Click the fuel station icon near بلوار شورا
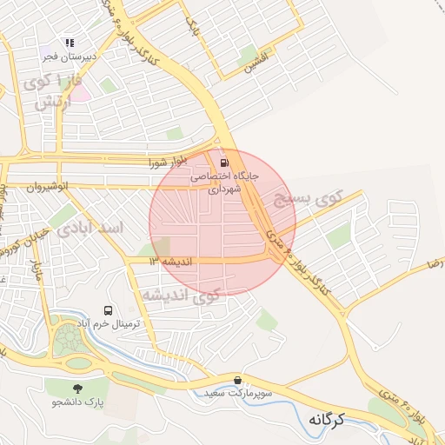[x=225, y=163]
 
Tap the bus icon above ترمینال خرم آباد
[x=109, y=310]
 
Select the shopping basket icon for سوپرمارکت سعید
[x=238, y=380]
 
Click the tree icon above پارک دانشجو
[x=79, y=388]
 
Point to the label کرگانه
[x=327, y=420]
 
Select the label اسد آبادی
[x=90, y=229]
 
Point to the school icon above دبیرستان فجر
[x=70, y=43]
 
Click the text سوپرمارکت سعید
[x=257, y=394]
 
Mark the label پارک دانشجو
[x=76, y=402]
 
